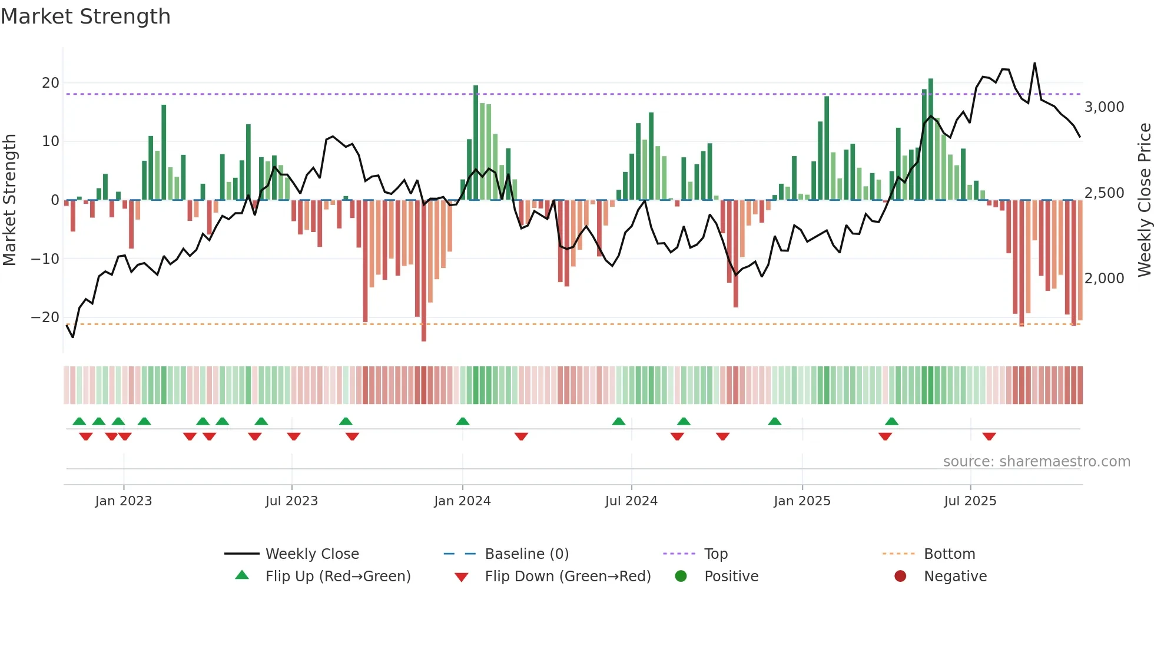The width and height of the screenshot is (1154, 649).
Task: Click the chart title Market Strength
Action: [x=85, y=16]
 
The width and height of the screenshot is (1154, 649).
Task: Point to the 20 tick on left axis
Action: [x=51, y=83]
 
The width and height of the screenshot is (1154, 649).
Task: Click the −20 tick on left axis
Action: [x=45, y=317]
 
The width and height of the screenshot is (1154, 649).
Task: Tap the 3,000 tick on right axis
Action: [x=1104, y=107]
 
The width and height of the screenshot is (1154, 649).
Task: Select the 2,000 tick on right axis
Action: [x=1104, y=279]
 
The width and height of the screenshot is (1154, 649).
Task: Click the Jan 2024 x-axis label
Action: [x=462, y=501]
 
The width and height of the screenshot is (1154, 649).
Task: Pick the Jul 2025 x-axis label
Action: [x=970, y=501]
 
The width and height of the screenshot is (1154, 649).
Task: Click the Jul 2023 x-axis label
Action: [x=291, y=501]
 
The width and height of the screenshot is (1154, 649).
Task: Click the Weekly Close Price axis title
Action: [x=1144, y=200]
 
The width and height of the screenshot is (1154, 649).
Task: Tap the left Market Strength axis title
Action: [x=10, y=200]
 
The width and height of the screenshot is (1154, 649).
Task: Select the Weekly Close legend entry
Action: [x=311, y=554]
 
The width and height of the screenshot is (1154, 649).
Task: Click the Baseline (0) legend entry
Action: [x=526, y=554]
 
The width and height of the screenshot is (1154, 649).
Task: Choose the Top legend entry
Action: [x=715, y=554]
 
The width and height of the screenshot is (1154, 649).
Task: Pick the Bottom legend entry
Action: [x=949, y=554]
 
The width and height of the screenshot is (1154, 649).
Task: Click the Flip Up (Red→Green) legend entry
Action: [x=337, y=577]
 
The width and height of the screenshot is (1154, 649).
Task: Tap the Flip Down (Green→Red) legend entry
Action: [x=568, y=577]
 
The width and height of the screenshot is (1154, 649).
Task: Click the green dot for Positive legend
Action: [x=681, y=577]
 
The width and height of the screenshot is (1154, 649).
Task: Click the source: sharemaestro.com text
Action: [x=1036, y=462]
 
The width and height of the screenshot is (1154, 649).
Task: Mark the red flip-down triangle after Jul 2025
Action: [x=989, y=436]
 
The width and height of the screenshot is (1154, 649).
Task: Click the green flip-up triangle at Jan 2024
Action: [x=463, y=421]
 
